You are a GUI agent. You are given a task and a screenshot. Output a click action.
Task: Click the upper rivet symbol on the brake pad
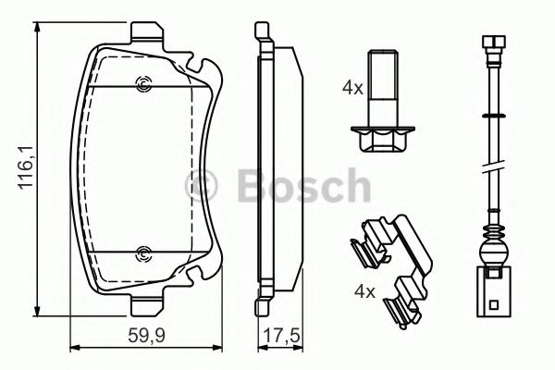(142, 87)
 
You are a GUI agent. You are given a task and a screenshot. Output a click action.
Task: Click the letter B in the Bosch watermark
(244, 190)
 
